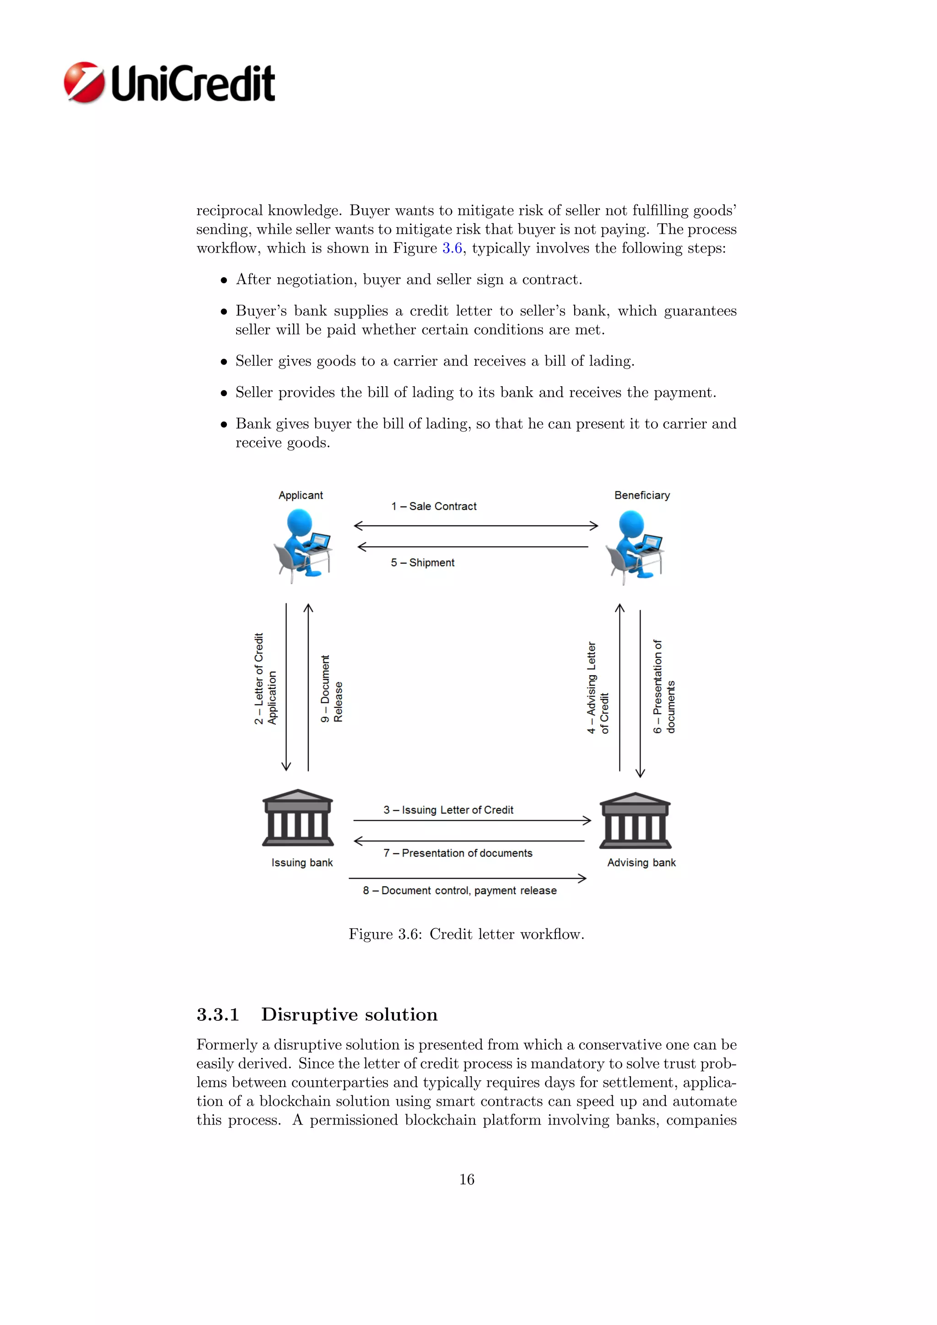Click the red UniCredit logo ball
(84, 82)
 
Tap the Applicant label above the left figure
(301, 495)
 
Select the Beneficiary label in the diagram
(641, 495)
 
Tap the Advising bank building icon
(635, 821)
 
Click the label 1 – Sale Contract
(434, 506)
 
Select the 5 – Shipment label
(422, 563)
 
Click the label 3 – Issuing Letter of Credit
(448, 810)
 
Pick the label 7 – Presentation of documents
(458, 853)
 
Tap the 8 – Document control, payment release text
(460, 890)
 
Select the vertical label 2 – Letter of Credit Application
(265, 679)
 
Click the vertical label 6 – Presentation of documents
(663, 687)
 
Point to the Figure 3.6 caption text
(466, 934)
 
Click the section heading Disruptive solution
(349, 1014)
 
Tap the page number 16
(467, 1179)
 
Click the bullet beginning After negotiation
(409, 280)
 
